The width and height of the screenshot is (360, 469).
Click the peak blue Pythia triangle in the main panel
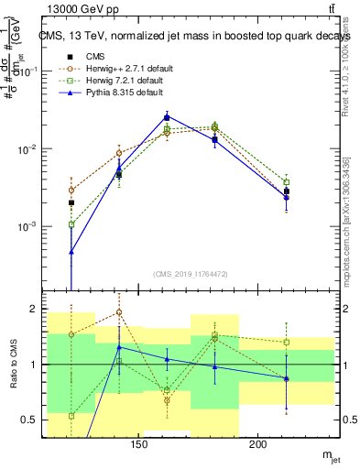coord(167,116)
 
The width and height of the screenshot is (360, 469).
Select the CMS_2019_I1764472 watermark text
coord(191,274)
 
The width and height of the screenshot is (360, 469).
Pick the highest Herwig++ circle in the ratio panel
coord(119,312)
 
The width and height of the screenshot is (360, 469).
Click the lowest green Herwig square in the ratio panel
coord(71,416)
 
